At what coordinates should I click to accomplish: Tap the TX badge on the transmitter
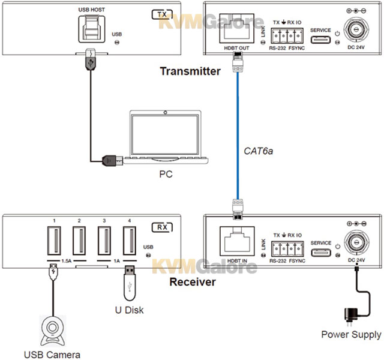[x=159, y=14]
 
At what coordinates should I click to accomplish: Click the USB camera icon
[x=55, y=327]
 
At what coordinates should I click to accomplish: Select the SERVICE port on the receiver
[x=321, y=251]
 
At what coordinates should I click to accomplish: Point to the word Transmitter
[x=190, y=71]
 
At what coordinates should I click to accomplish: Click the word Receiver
[x=192, y=281]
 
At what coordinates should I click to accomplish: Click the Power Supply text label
[x=351, y=334]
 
